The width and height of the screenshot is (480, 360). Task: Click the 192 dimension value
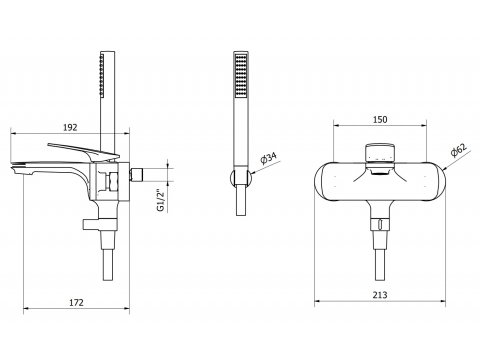(x=70, y=127)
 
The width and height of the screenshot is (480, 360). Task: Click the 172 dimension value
(x=76, y=302)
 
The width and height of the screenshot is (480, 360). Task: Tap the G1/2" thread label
(x=161, y=200)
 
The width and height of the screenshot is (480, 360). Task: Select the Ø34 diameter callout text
(x=270, y=158)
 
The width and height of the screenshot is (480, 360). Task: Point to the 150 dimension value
(x=380, y=119)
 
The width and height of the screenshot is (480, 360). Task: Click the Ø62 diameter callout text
(x=459, y=149)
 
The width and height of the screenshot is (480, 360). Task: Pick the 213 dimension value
(x=380, y=295)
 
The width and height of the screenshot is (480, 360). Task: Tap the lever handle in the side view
(x=84, y=151)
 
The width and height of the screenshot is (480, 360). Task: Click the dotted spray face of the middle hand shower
(x=241, y=76)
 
